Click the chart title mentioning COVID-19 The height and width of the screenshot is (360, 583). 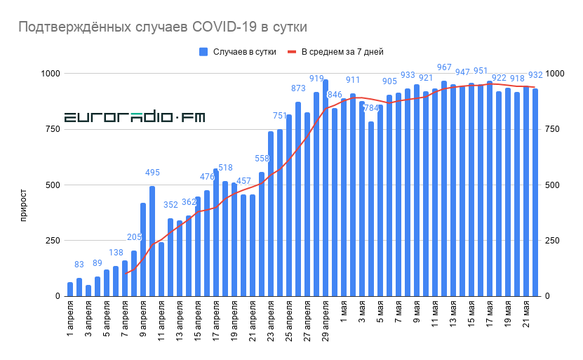[x=163, y=27]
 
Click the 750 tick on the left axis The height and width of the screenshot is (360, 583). [x=51, y=129]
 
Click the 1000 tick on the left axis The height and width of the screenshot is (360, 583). [x=48, y=74]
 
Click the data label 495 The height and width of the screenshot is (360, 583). [x=152, y=173]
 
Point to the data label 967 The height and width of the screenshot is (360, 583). [x=444, y=67]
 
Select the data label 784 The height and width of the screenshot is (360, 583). [x=371, y=108]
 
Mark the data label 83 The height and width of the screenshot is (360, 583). [x=79, y=265]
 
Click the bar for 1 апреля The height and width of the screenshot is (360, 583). [x=70, y=289]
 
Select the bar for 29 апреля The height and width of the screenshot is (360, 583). [x=326, y=188]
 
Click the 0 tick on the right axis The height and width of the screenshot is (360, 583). [x=549, y=296]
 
